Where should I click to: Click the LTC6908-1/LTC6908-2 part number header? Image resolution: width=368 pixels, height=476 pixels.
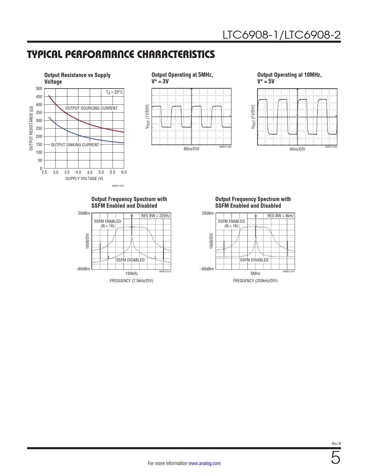[x=281, y=35]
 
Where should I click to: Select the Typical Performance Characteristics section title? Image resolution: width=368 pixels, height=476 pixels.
[x=121, y=55]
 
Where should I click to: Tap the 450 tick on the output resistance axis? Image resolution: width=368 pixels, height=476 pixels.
[x=39, y=97]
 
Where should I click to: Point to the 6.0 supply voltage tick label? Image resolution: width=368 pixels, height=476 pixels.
[x=124, y=172]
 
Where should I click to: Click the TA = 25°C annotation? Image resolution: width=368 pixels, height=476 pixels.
[x=114, y=92]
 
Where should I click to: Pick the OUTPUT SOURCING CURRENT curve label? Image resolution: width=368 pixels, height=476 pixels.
[x=91, y=108]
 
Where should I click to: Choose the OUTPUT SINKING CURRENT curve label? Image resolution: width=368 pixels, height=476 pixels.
[x=75, y=145]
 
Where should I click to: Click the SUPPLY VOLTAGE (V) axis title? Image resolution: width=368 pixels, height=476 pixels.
[x=84, y=179]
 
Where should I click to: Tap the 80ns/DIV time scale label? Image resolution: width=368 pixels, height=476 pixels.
[x=191, y=149]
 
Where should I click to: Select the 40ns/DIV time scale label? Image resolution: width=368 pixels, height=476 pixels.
[x=297, y=149]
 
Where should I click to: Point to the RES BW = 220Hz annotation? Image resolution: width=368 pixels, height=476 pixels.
[x=156, y=216]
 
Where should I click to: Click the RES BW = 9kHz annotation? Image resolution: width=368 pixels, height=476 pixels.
[x=280, y=216]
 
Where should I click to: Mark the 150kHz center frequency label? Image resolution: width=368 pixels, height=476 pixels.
[x=131, y=273]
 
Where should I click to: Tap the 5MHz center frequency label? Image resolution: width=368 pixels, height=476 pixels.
[x=255, y=273]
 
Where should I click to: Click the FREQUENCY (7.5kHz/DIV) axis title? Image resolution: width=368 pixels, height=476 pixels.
[x=131, y=281]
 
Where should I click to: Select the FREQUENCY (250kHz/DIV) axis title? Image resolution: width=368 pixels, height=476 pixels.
[x=255, y=281]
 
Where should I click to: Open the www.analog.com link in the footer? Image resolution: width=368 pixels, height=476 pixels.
[x=204, y=463]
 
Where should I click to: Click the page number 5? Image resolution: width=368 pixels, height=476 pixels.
[x=335, y=458]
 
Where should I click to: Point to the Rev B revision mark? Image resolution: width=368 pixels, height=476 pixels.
[x=336, y=444]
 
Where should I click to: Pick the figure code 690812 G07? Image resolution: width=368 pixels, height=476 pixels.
[x=118, y=186]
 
